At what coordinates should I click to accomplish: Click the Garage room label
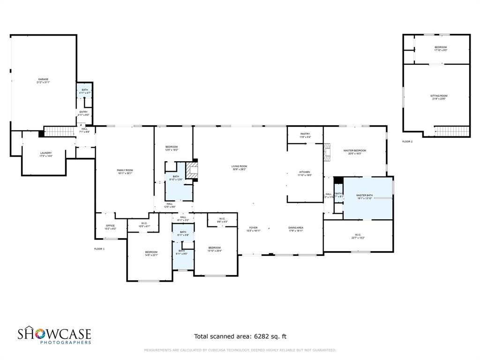click(x=43, y=80)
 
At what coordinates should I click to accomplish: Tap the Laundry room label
click(x=45, y=153)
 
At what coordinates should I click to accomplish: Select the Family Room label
click(x=125, y=170)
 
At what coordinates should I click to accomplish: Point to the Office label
click(x=110, y=226)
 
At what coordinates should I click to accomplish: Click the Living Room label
click(x=239, y=166)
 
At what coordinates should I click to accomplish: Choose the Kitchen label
click(x=305, y=172)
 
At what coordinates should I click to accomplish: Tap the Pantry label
click(x=305, y=134)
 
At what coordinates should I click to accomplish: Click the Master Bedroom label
click(x=354, y=151)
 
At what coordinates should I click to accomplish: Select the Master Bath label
click(x=364, y=195)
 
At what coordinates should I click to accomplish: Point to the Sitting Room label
click(x=439, y=96)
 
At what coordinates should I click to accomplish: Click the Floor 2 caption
click(x=407, y=141)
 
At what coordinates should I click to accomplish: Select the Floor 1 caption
click(x=99, y=248)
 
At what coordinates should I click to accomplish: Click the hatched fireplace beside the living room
click(x=192, y=171)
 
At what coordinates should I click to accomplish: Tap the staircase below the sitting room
click(x=452, y=131)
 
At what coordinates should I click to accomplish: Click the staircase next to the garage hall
click(x=60, y=132)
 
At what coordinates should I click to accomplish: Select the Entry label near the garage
click(x=83, y=112)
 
